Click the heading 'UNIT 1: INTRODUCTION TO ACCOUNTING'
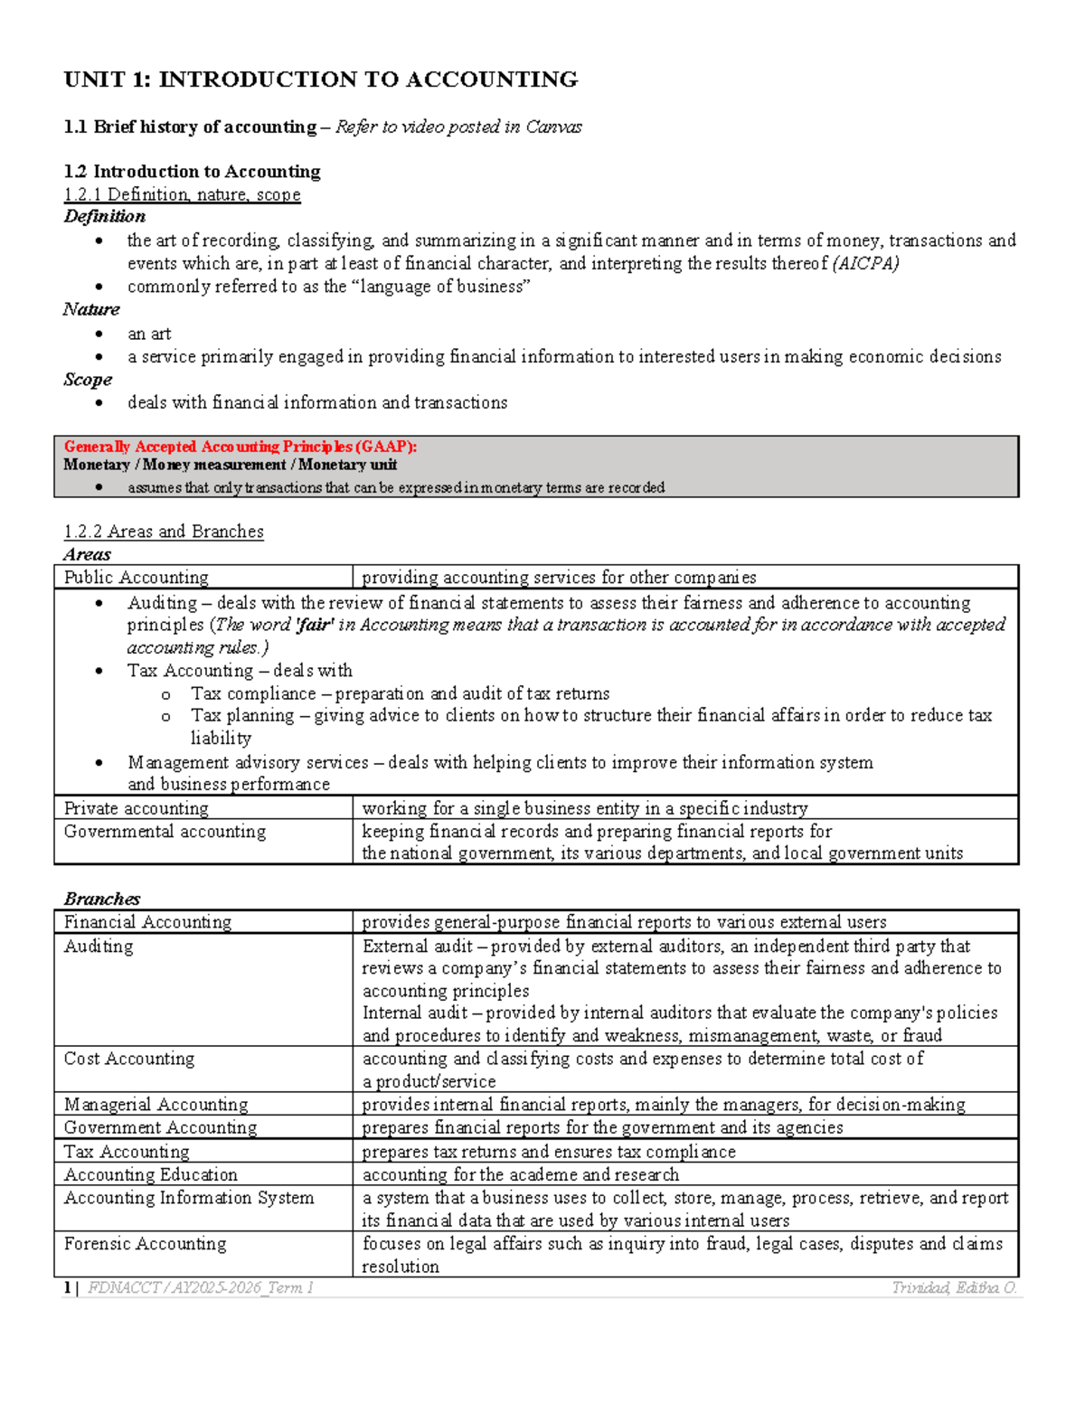tap(321, 80)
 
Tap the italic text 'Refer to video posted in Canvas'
tap(458, 127)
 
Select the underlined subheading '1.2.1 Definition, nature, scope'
tap(182, 194)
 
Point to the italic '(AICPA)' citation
tap(865, 263)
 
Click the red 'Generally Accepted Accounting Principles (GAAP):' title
tap(240, 447)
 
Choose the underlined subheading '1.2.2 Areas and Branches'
tap(164, 532)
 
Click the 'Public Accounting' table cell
tap(137, 577)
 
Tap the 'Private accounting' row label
tap(137, 808)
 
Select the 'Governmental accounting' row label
tap(165, 832)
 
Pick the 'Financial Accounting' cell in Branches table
tap(148, 922)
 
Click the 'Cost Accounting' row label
tap(129, 1059)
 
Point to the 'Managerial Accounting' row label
tap(156, 1105)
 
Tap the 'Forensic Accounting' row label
tap(146, 1244)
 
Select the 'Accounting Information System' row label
tap(189, 1198)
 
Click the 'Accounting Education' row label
tap(151, 1175)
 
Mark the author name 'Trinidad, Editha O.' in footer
tap(954, 1287)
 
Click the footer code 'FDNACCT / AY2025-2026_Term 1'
tap(201, 1287)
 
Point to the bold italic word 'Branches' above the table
tap(102, 899)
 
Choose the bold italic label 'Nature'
tap(91, 309)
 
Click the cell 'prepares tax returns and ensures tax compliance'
tap(549, 1152)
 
